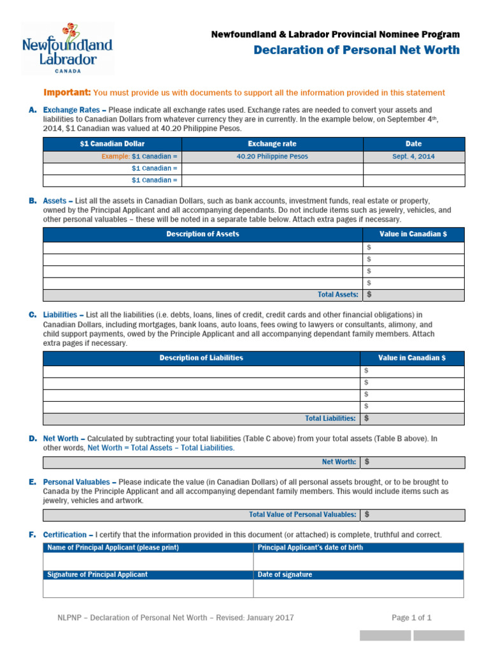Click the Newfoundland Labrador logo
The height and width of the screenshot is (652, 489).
pyautogui.click(x=67, y=49)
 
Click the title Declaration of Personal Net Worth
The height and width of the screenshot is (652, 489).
pyautogui.click(x=356, y=50)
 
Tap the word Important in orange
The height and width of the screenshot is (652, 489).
pyautogui.click(x=67, y=93)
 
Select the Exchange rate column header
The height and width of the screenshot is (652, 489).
pyautogui.click(x=272, y=144)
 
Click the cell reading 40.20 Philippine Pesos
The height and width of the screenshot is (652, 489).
pyautogui.click(x=272, y=156)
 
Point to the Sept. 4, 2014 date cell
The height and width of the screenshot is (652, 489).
pyautogui.click(x=413, y=156)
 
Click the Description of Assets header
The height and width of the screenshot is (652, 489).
pyautogui.click(x=202, y=234)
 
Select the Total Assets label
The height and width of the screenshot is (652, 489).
pyautogui.click(x=337, y=295)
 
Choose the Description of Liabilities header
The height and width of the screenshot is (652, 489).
pyautogui.click(x=201, y=358)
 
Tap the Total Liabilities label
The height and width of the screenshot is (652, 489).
pyautogui.click(x=330, y=418)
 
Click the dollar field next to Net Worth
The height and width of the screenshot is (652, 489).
pyautogui.click(x=411, y=462)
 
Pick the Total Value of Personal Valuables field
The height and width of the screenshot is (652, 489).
pyautogui.click(x=411, y=514)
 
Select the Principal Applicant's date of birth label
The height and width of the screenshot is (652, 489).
pyautogui.click(x=310, y=548)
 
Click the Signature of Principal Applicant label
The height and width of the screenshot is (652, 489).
pyautogui.click(x=97, y=574)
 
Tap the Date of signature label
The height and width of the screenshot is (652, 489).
pyautogui.click(x=285, y=574)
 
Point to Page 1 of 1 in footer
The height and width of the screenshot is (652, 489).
pyautogui.click(x=411, y=618)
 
